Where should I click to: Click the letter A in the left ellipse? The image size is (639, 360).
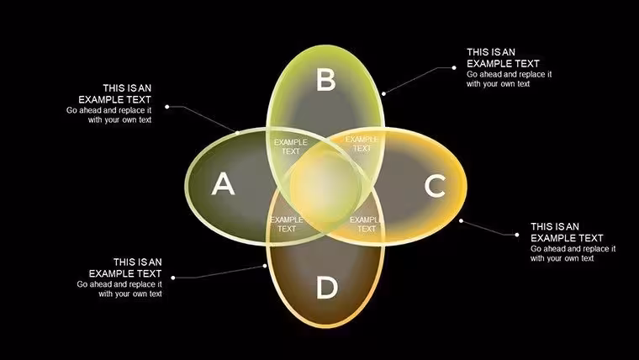pos(223,183)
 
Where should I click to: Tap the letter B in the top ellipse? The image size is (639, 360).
pos(326,79)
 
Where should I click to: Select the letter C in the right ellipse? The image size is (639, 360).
pos(435,186)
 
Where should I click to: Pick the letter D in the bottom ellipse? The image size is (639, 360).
pos(327,288)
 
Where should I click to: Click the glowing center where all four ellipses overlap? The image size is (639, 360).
pos(325,188)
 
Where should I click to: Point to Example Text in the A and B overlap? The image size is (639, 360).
pos(291,146)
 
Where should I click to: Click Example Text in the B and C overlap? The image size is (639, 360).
pos(362,144)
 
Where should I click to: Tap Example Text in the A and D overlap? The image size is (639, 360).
pos(287,225)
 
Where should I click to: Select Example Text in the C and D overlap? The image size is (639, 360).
pos(365,225)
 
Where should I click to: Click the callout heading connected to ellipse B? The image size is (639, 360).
pos(503,58)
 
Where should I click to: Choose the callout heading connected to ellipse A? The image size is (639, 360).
pos(115,93)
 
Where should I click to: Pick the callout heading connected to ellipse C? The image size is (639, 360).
pos(567,232)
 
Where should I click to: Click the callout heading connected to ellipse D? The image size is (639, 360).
pos(125,267)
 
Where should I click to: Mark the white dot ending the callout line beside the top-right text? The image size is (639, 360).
pos(454,67)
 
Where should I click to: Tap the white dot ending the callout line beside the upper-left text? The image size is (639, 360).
pos(167,107)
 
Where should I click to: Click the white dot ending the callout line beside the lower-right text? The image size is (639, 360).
pos(517,235)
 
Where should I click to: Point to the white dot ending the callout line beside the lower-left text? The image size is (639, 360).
pos(173,278)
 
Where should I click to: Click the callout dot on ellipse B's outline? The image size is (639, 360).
pos(383,93)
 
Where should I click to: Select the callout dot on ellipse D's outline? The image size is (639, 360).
pos(265,266)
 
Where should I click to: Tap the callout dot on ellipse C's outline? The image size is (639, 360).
pos(461,221)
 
